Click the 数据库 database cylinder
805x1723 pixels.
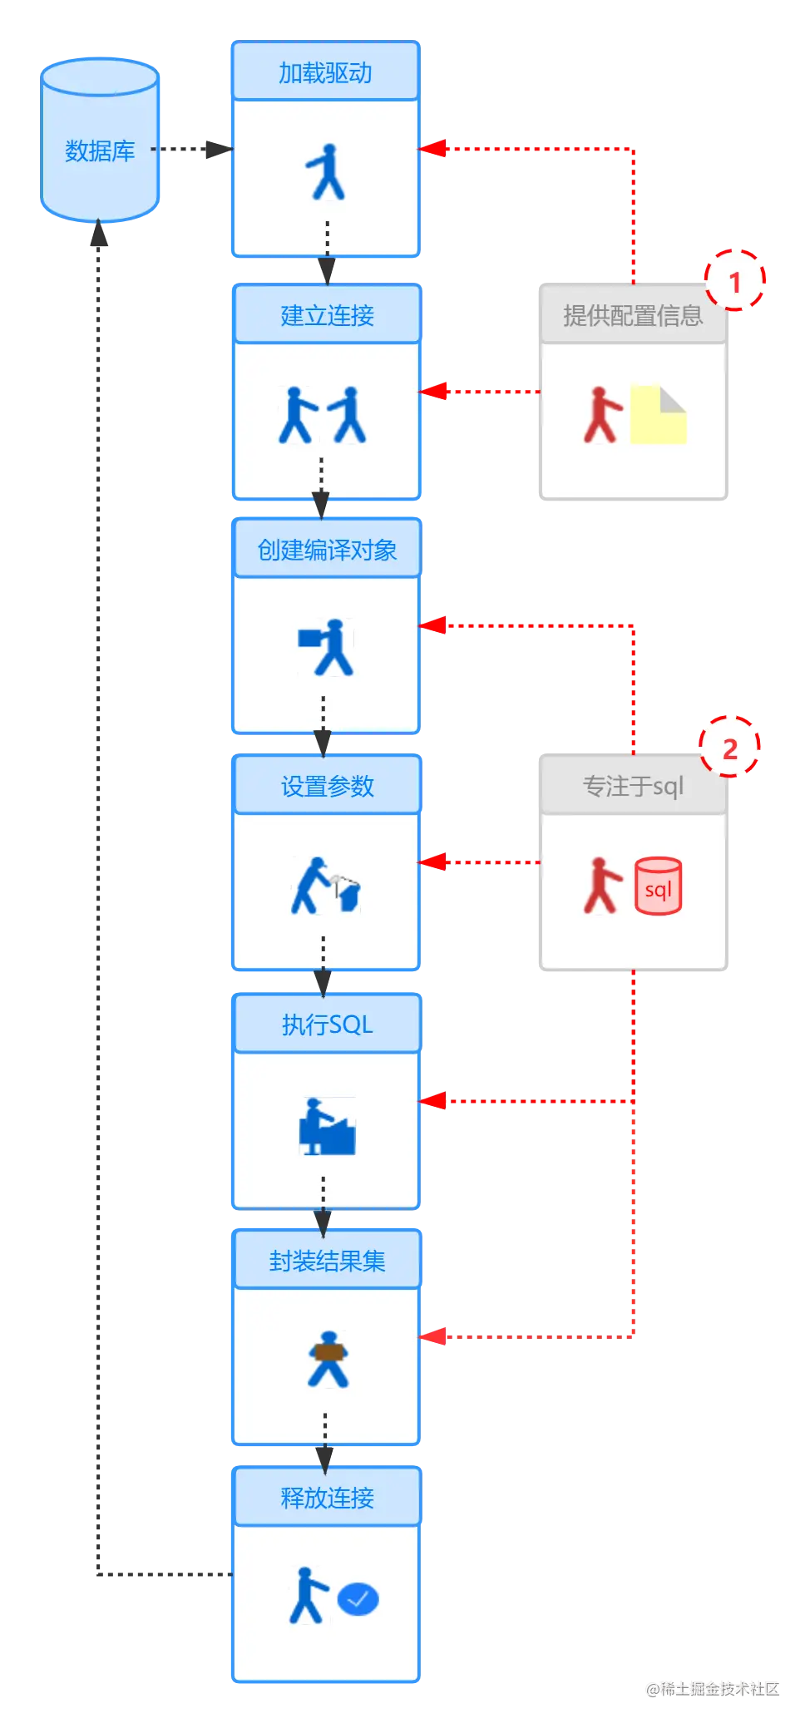(x=100, y=141)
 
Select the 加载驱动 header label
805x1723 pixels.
(x=325, y=73)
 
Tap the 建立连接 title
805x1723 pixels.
(x=327, y=316)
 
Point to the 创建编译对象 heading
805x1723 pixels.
(x=327, y=550)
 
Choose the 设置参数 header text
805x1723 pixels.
(x=327, y=787)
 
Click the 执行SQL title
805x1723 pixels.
(x=327, y=1024)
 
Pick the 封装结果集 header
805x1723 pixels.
(x=327, y=1261)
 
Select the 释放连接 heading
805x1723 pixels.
(x=327, y=1498)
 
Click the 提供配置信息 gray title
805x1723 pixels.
(x=633, y=316)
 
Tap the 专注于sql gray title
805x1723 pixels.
(x=633, y=787)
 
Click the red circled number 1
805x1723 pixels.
(x=734, y=280)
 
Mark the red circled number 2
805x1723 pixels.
(x=730, y=748)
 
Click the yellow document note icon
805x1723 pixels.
(x=659, y=414)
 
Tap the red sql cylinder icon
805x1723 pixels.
(x=659, y=886)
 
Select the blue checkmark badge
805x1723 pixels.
(x=358, y=1598)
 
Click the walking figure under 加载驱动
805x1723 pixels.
(x=327, y=172)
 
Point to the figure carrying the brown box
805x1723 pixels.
(x=328, y=1359)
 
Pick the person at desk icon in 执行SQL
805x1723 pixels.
(x=327, y=1126)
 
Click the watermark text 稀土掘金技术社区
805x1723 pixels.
(x=712, y=1687)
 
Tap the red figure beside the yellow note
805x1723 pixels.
(x=601, y=414)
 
